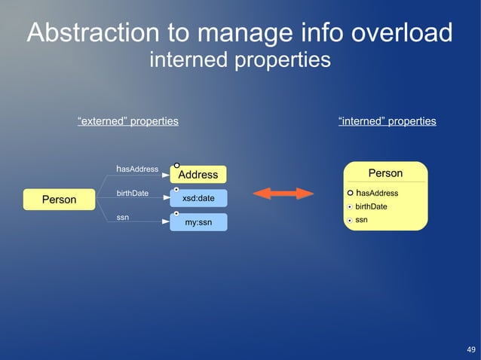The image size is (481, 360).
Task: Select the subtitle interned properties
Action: (240, 59)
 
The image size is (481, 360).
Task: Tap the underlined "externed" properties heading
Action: (128, 121)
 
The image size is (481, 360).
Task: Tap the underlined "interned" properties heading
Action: (387, 121)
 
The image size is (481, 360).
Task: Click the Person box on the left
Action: (59, 200)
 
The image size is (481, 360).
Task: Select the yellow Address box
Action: (198, 175)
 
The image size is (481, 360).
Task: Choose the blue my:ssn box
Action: (198, 223)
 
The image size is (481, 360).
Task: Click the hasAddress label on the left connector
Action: (136, 169)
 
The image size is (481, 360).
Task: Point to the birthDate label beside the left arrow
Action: (133, 194)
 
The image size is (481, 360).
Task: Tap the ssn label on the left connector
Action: (121, 218)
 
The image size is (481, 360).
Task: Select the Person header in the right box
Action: (385, 173)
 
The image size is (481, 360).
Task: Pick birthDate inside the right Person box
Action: (371, 206)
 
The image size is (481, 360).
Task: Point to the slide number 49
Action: (471, 349)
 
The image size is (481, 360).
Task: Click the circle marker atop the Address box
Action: (176, 164)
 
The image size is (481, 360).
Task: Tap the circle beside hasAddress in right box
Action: (350, 194)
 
